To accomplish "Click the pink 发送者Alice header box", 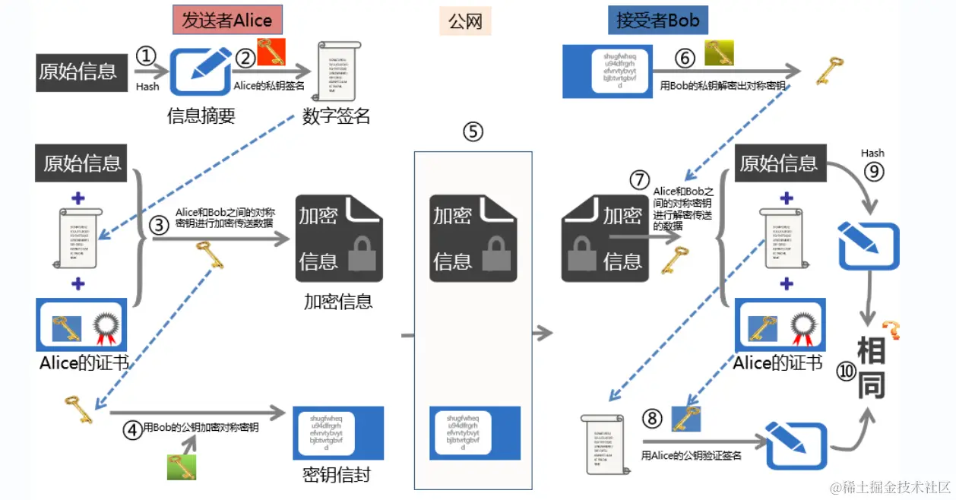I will click(222, 20).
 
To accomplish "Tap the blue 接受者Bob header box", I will click(657, 20).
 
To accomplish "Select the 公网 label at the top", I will click(465, 21).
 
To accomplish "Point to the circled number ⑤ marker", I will click(473, 131).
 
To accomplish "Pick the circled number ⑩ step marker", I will click(847, 371).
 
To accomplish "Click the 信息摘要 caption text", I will click(201, 116).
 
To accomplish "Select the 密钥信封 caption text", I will click(337, 475).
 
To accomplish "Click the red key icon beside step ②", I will click(271, 51).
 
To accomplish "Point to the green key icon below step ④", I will click(182, 465).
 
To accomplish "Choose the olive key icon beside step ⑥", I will click(718, 53).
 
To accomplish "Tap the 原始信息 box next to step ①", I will click(78, 71).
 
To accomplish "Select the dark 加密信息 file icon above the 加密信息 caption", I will click(339, 238).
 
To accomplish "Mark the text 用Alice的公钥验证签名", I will click(691, 456).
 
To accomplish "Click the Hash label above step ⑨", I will click(872, 153).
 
